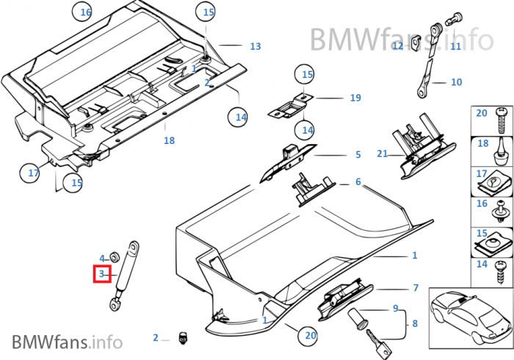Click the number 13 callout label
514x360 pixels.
(255, 46)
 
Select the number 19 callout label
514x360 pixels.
(355, 98)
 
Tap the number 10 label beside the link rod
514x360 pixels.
(457, 82)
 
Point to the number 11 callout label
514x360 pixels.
(456, 46)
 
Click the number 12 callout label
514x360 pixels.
(397, 46)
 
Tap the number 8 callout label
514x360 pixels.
(415, 323)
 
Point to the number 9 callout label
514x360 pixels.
(395, 308)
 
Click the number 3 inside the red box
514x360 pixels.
(103, 275)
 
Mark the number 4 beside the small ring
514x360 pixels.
(103, 258)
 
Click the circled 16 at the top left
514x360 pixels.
(85, 12)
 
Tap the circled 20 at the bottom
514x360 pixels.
(310, 336)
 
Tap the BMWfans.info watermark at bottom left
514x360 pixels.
(66, 342)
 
